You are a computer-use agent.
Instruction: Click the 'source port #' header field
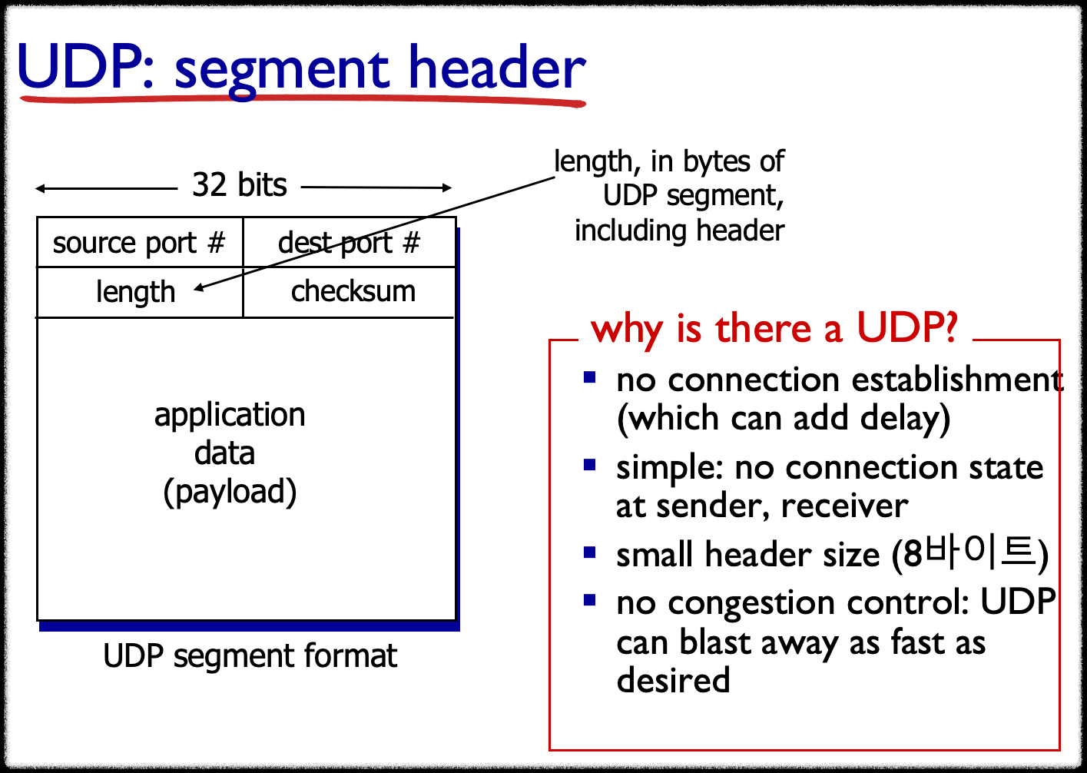tap(138, 243)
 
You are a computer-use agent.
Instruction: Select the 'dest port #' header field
tap(349, 243)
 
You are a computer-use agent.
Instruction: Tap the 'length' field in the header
tap(136, 292)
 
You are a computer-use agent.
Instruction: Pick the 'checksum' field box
tap(353, 292)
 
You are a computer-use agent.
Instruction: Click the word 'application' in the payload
tap(230, 415)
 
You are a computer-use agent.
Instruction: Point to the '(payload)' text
tap(230, 492)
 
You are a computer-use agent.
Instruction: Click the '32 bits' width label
tap(239, 185)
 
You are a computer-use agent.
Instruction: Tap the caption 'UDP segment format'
tap(250, 656)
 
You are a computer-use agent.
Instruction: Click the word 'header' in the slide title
tap(496, 69)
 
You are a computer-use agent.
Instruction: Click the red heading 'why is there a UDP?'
tap(774, 329)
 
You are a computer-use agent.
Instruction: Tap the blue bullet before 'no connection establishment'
tap(590, 377)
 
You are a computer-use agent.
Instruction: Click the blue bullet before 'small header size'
tap(590, 552)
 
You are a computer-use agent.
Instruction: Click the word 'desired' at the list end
tap(673, 681)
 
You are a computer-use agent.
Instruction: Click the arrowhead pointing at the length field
tap(199, 288)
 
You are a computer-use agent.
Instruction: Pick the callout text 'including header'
tap(679, 231)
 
